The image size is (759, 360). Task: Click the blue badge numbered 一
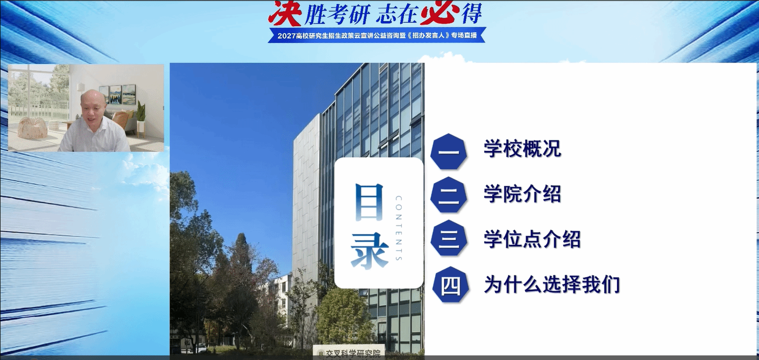click(x=449, y=152)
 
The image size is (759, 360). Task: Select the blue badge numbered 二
click(x=449, y=195)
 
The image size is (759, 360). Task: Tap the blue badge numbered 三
click(x=449, y=238)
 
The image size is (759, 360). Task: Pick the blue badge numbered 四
click(x=450, y=285)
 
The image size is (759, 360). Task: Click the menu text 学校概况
click(x=522, y=149)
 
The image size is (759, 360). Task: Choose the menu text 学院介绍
click(x=522, y=194)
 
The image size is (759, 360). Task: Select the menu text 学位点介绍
click(x=532, y=239)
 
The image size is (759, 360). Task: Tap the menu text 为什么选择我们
click(x=552, y=284)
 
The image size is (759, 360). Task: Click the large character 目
click(x=369, y=202)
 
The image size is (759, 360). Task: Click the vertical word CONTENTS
click(x=399, y=228)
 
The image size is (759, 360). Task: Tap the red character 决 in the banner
click(x=285, y=13)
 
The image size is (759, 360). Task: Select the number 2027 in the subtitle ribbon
click(x=287, y=35)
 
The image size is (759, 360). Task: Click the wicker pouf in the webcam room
click(x=32, y=127)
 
